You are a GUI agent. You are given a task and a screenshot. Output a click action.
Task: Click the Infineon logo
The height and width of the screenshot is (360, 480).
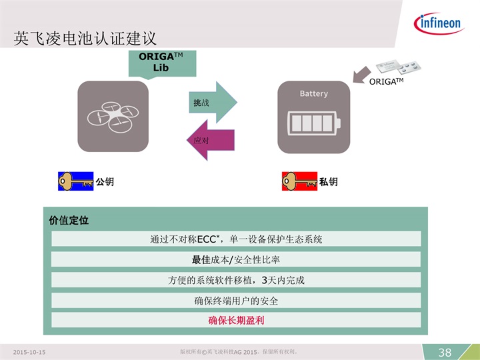tap(439, 23)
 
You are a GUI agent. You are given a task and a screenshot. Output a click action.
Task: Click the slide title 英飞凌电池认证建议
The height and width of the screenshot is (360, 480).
tap(85, 39)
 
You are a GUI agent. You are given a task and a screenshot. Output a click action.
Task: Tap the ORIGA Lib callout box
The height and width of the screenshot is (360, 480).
tap(162, 63)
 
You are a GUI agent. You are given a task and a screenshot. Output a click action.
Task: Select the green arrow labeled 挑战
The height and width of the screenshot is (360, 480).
tap(213, 103)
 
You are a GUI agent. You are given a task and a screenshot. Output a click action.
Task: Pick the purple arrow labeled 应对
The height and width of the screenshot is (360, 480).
tap(211, 140)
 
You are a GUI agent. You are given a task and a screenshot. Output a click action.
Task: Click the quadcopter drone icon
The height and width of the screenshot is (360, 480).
tap(113, 117)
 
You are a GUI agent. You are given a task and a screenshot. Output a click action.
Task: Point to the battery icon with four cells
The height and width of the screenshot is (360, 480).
tap(313, 123)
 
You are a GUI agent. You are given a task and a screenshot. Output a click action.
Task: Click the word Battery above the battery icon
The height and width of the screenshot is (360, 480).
tap(314, 93)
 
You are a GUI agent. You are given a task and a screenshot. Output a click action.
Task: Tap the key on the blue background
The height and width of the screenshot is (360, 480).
tap(75, 181)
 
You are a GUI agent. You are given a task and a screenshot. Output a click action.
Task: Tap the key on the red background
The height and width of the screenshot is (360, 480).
tap(299, 181)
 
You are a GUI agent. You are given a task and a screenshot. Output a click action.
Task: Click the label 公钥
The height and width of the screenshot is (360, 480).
tap(105, 182)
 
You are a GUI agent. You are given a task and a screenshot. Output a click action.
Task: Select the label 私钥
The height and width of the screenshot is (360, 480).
tap(329, 182)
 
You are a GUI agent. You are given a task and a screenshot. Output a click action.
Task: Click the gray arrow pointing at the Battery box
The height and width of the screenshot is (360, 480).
tap(361, 75)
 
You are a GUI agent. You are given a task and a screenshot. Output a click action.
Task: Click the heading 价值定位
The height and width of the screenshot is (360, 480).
tap(69, 220)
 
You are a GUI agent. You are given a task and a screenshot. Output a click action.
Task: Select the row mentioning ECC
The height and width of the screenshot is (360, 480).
tap(236, 239)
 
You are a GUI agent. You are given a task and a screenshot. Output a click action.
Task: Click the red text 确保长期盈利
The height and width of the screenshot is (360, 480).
tap(236, 320)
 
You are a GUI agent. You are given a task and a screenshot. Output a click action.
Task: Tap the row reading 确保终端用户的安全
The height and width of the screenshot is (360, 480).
tap(236, 300)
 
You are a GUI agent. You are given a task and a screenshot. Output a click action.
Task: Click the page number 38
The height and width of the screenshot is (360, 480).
tap(445, 353)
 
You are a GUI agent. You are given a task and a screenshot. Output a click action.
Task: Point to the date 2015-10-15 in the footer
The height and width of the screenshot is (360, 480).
tap(29, 353)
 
